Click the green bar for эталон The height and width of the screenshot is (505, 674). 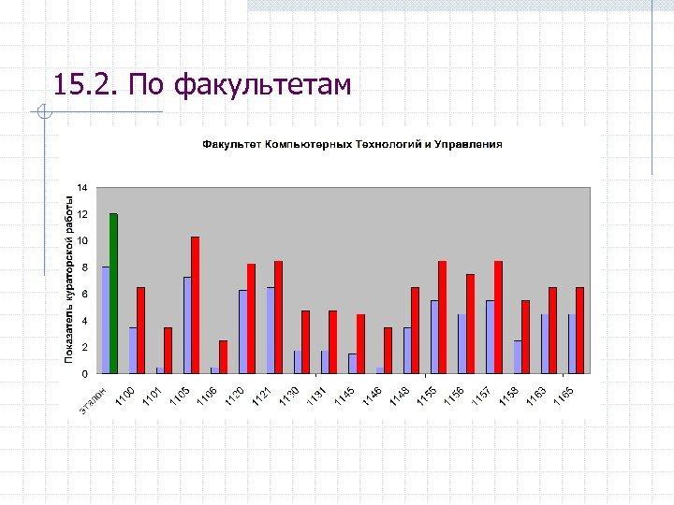tap(113, 294)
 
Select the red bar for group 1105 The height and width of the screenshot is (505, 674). tap(195, 305)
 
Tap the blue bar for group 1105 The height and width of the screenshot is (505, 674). tap(187, 325)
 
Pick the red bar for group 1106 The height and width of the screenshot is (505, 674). tap(223, 356)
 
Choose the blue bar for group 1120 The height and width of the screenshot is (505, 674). tap(242, 331)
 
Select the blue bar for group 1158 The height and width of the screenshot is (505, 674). tap(518, 356)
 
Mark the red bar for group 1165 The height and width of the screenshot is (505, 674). tap(579, 330)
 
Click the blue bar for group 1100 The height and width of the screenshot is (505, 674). tap(133, 350)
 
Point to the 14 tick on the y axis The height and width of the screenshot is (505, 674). tap(82, 188)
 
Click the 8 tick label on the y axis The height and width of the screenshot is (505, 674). tap(83, 267)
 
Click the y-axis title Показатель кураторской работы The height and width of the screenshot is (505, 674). tap(68, 279)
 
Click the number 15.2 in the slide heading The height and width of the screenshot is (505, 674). tap(83, 86)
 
